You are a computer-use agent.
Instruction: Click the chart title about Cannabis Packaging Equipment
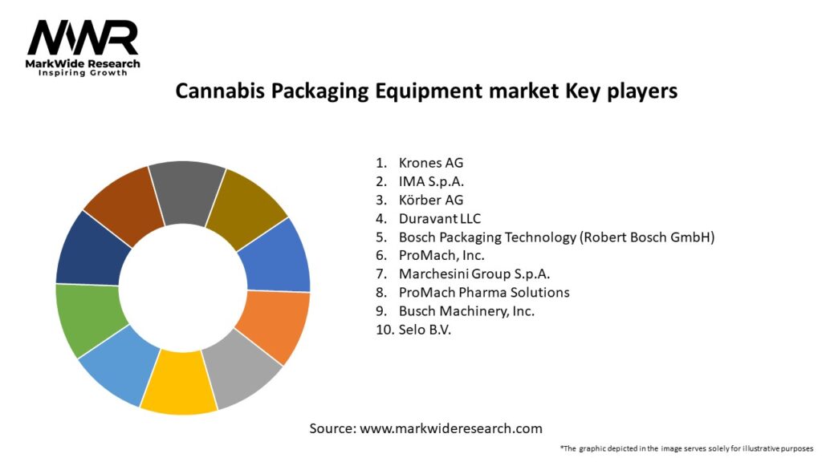point(426,91)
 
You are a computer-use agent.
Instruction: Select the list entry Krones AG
point(431,163)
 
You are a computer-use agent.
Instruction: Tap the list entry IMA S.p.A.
point(432,181)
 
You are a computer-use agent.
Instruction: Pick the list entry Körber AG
point(431,200)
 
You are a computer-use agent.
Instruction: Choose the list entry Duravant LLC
point(440,218)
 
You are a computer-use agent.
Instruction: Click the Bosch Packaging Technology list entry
point(556,237)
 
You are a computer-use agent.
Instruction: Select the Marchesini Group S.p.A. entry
point(474,274)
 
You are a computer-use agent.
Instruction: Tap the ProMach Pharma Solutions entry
point(484,292)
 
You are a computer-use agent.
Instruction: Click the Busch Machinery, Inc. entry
point(466,310)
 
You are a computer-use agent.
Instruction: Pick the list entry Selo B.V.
point(425,329)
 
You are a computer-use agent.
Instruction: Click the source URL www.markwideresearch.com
point(451,428)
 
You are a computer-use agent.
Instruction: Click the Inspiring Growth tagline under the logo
point(83,73)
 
